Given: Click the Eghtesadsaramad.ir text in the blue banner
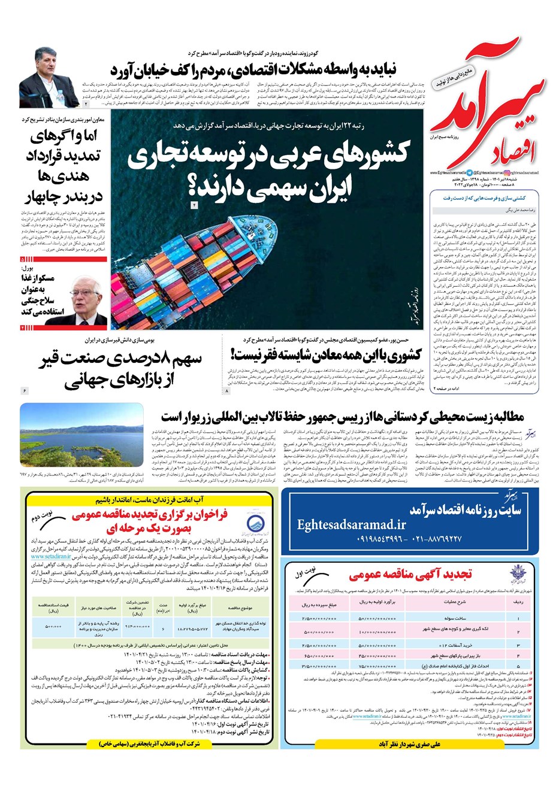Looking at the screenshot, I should tap(352, 525).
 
